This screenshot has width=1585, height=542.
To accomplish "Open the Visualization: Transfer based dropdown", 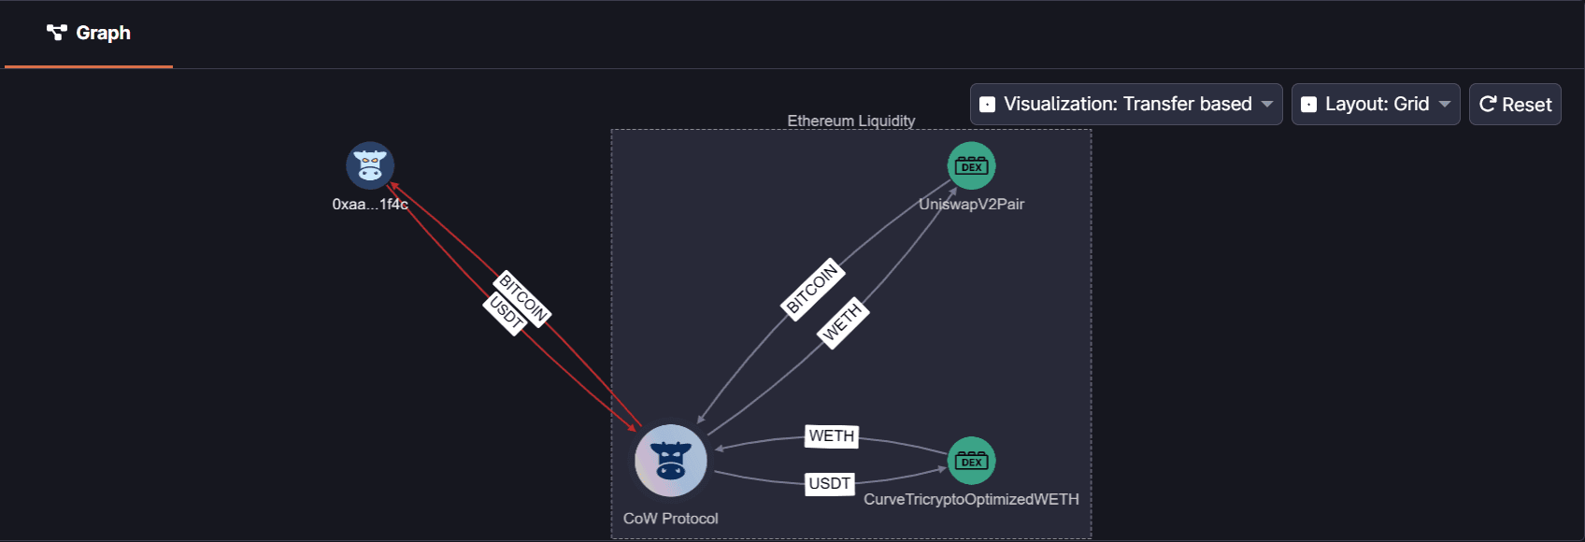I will (x=1126, y=104).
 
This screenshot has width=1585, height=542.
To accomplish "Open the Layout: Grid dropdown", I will (x=1376, y=104).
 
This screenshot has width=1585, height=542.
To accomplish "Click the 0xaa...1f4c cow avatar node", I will (x=370, y=166).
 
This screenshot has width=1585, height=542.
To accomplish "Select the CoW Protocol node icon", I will (x=671, y=461).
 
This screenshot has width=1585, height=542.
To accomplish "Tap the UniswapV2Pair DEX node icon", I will (x=971, y=166).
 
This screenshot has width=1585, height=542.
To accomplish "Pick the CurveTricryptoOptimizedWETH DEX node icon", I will (x=971, y=461).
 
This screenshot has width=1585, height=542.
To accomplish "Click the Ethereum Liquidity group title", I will (x=850, y=121).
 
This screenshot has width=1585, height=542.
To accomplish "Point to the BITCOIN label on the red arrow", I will (x=523, y=297).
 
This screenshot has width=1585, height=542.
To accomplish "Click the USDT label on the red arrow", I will (x=506, y=313).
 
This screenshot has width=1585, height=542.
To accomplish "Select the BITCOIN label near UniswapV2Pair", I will (x=813, y=288).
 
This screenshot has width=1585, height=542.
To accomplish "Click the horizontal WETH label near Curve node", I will (x=831, y=436).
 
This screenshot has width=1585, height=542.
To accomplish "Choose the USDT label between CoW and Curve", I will (x=829, y=483).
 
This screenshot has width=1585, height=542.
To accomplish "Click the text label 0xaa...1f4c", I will (x=370, y=204).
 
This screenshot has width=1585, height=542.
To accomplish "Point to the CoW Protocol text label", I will (x=670, y=519).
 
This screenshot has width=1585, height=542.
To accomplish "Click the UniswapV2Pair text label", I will (x=971, y=204).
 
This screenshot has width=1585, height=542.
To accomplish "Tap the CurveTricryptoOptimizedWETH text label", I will (x=971, y=499).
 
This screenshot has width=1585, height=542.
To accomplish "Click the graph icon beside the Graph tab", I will (x=57, y=34).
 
